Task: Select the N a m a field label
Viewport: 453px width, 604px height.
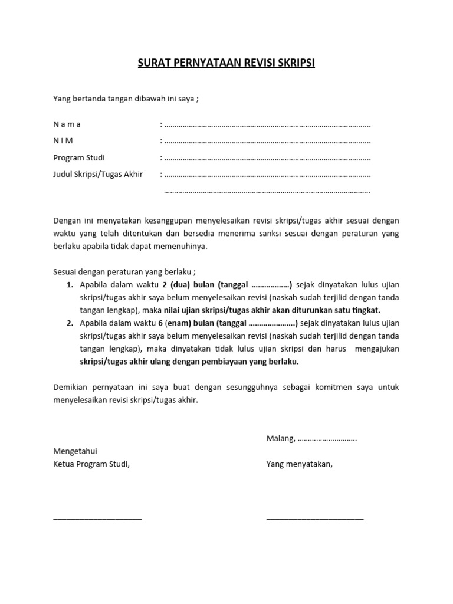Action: pos(67,124)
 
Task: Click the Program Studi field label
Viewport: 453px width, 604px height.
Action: pos(79,157)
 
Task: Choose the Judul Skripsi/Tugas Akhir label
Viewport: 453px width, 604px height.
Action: pos(98,175)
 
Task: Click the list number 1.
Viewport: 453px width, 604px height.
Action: pos(69,285)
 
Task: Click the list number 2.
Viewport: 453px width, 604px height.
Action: pos(69,323)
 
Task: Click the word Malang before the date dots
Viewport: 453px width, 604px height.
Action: pos(280,438)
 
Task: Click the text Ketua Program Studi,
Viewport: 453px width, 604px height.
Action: pos(91,464)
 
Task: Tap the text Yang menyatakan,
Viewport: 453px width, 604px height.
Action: pos(300,464)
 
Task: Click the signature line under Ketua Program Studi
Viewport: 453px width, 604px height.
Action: pos(97,518)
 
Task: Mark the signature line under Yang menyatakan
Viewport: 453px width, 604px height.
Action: pos(315,518)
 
